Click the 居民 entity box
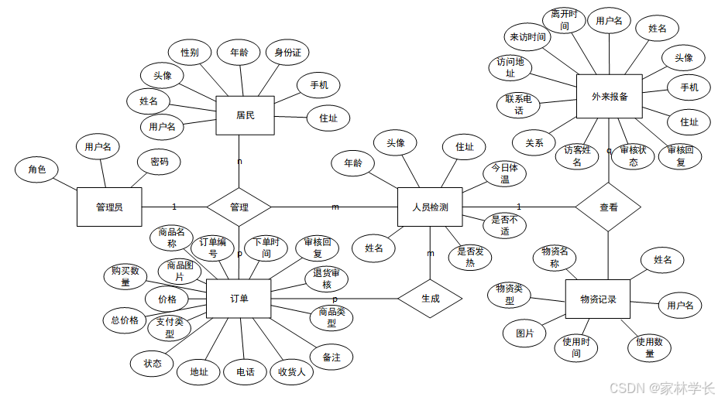click(x=245, y=116)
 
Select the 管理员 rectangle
click(x=108, y=207)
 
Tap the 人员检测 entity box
click(x=429, y=207)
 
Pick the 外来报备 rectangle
click(x=610, y=97)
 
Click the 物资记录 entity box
click(x=598, y=299)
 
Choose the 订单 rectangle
click(x=239, y=299)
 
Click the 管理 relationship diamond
click(x=239, y=207)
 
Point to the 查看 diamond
click(x=609, y=207)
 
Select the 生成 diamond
click(x=430, y=299)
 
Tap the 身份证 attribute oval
click(x=287, y=53)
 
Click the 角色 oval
click(x=37, y=169)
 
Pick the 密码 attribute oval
click(x=160, y=162)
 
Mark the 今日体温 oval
click(x=504, y=173)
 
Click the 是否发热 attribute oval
click(x=470, y=257)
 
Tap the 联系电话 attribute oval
click(x=518, y=104)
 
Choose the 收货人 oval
click(x=291, y=372)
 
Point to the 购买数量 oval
click(x=125, y=276)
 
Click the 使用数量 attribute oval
click(x=649, y=347)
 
